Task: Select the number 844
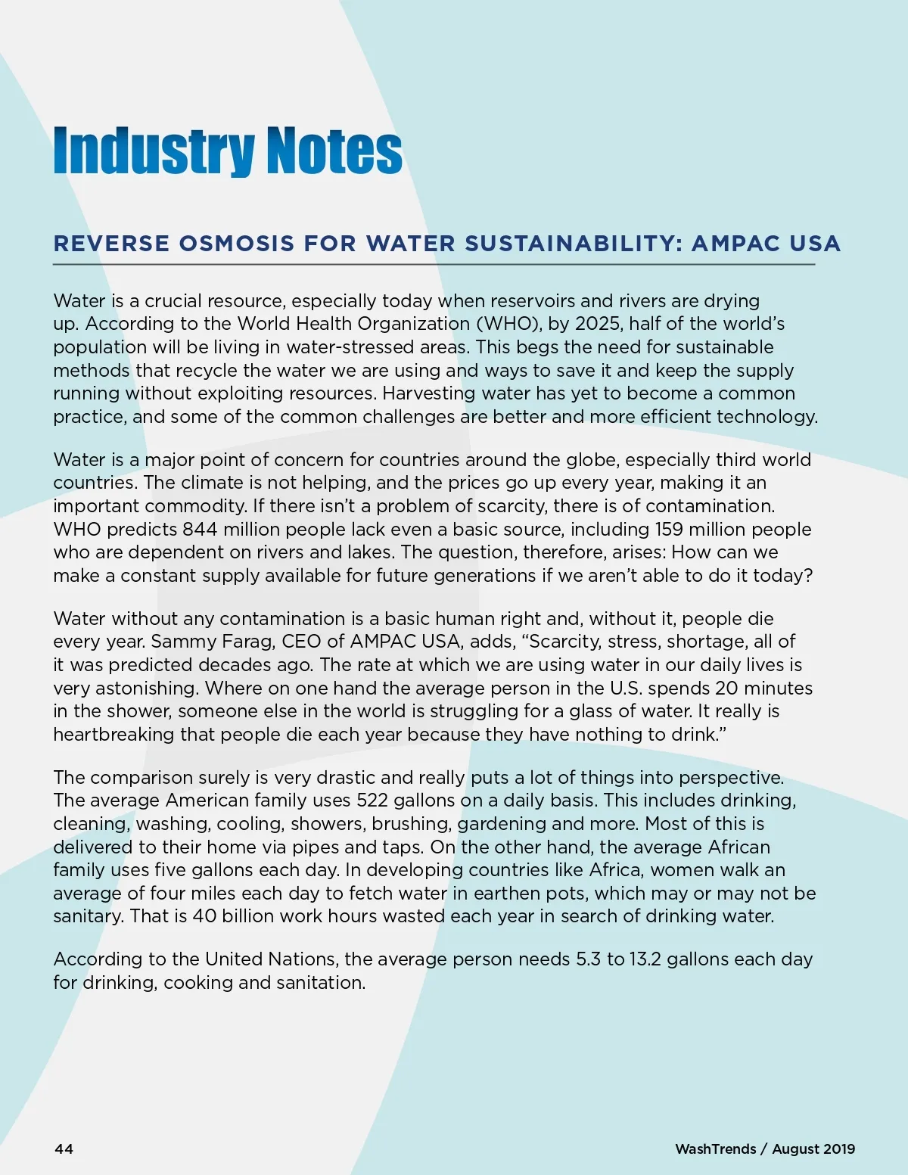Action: [199, 529]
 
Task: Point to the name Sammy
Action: [180, 642]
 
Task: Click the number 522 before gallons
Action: [372, 800]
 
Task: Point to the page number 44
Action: [64, 1149]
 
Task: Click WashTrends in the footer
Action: [715, 1149]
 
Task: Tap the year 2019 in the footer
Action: [838, 1149]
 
